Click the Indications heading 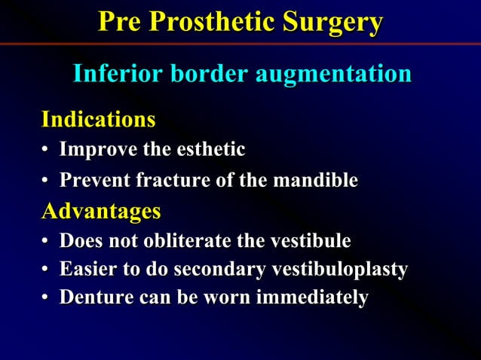[x=98, y=119]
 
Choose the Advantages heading [x=100, y=211]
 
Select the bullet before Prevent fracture [x=46, y=182]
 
